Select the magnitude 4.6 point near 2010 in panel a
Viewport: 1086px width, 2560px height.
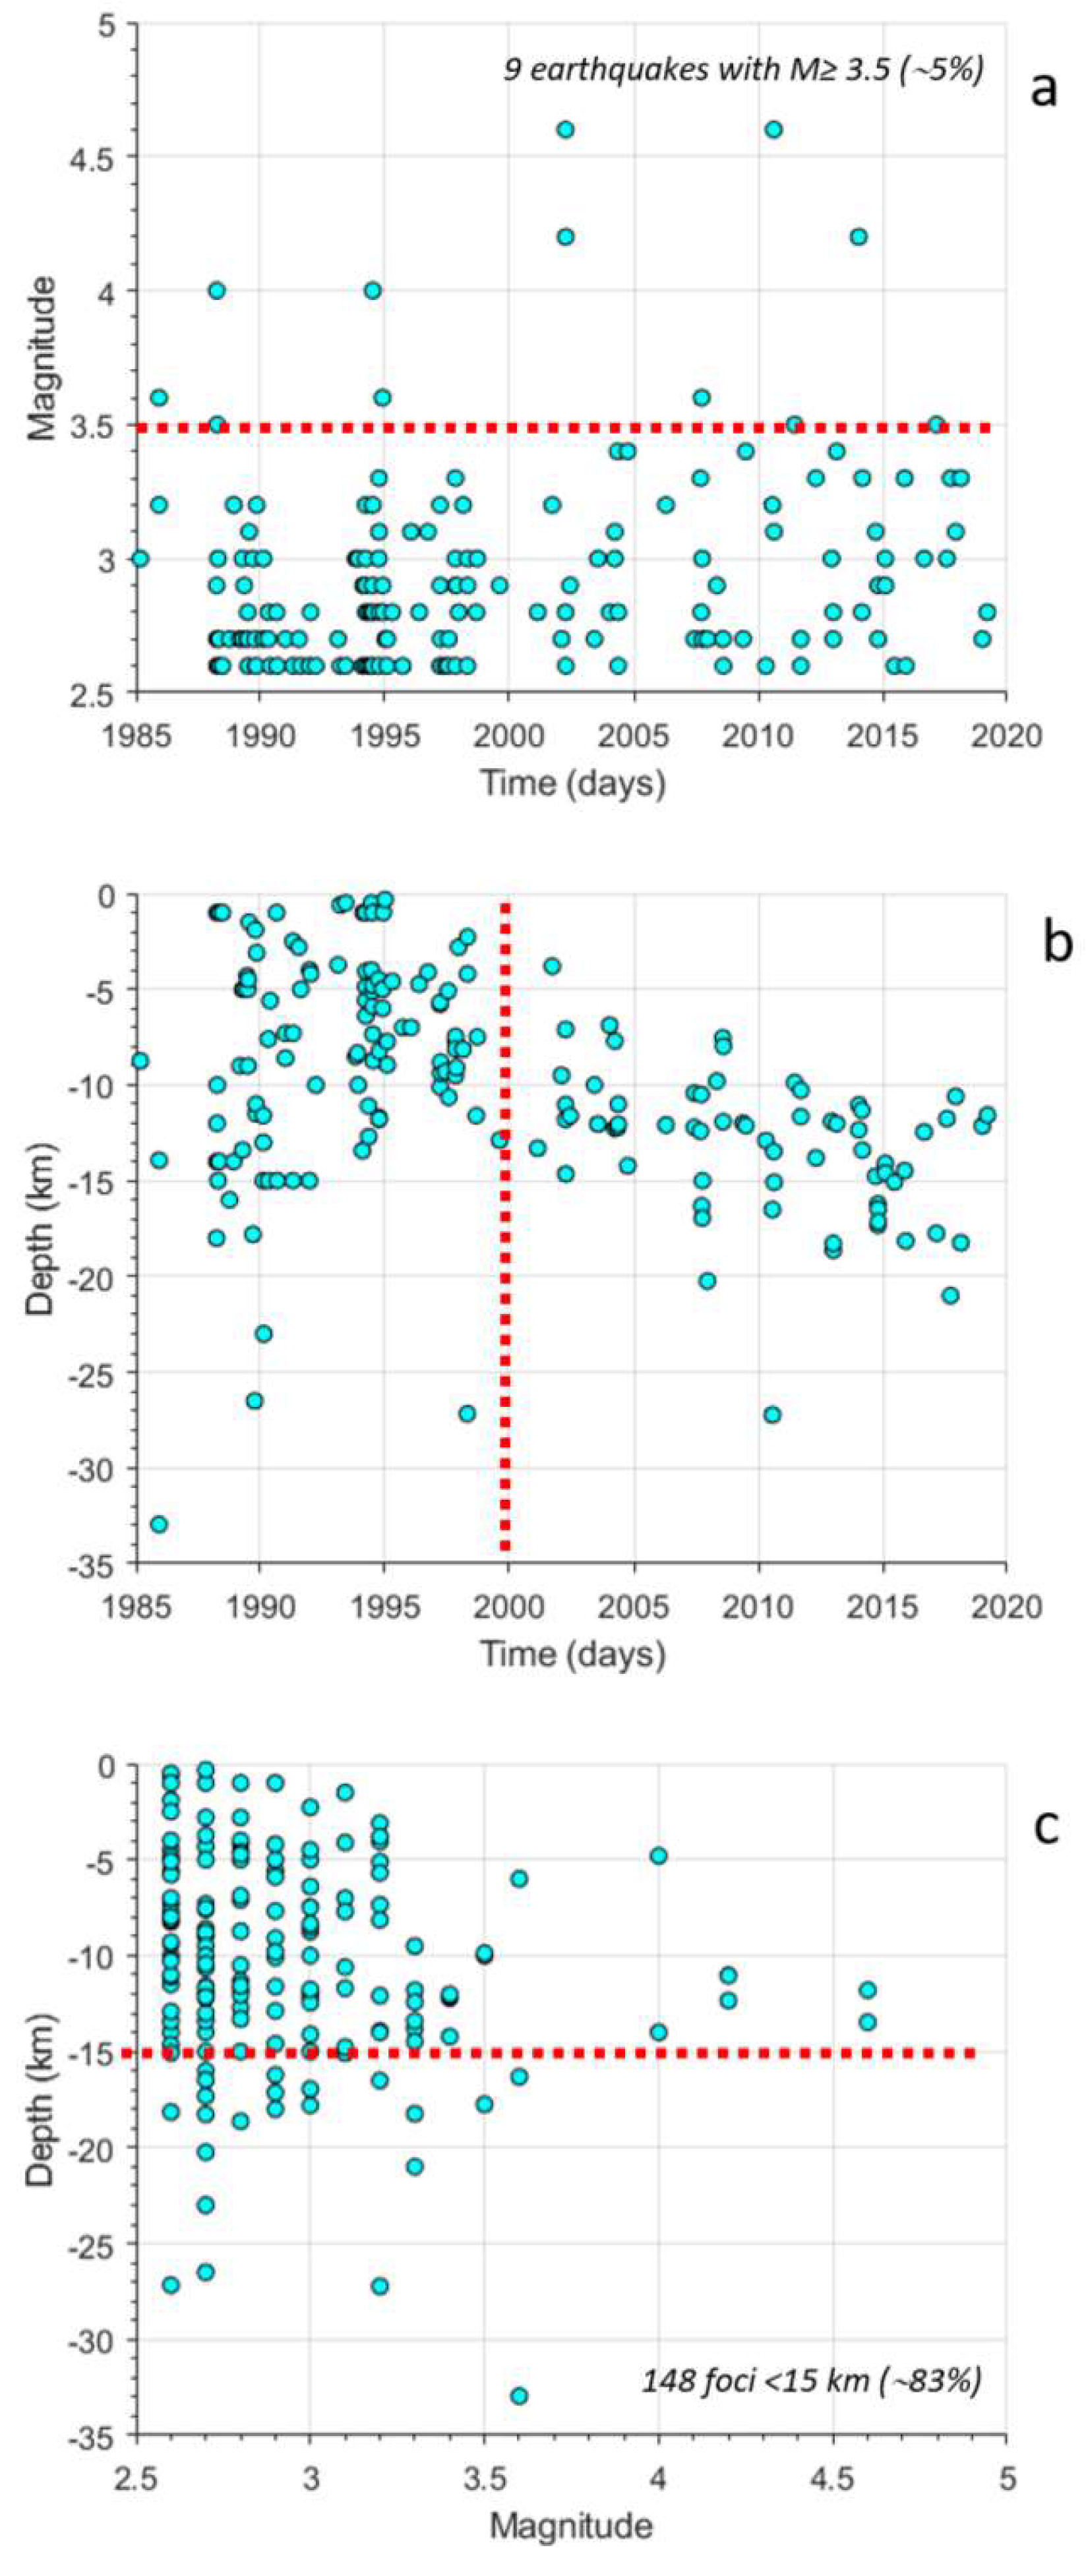coord(773,129)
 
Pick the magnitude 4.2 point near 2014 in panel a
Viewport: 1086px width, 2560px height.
coord(859,237)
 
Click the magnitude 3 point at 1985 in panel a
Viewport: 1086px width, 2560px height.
coord(140,558)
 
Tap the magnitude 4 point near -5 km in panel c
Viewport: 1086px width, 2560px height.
coord(658,1855)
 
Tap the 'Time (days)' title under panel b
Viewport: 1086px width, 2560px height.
coord(573,1653)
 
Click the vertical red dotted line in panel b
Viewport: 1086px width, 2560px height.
coord(504,1242)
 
